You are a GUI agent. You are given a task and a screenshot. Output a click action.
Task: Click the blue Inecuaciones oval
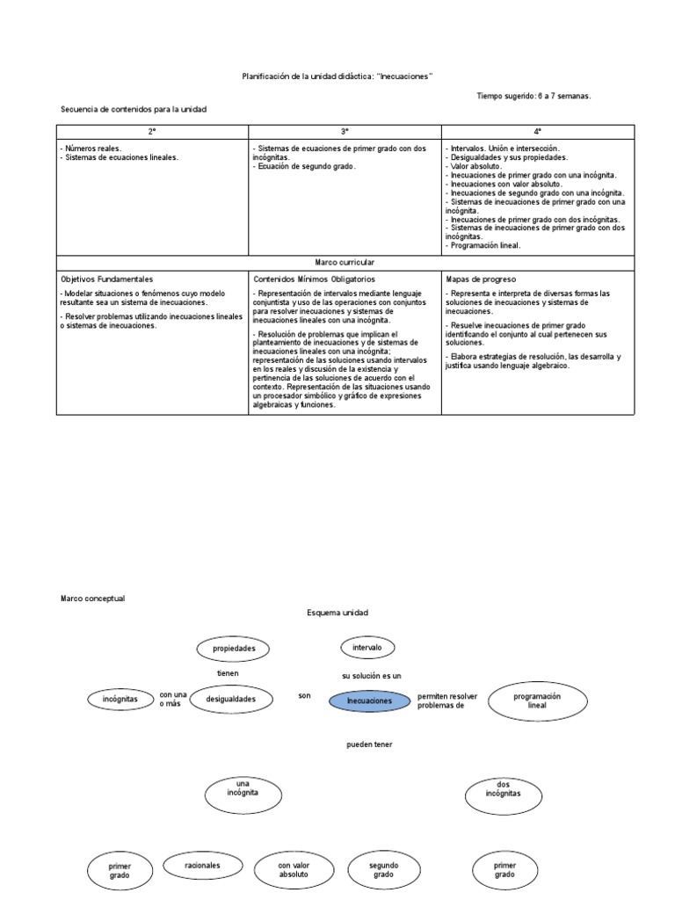pos(369,701)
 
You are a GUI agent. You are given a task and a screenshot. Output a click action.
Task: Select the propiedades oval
pos(234,649)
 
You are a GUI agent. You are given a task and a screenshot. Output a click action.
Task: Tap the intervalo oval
pos(367,648)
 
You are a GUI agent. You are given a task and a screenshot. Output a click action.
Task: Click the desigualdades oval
pos(231,700)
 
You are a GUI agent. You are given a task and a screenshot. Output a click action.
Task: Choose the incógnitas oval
pos(121,700)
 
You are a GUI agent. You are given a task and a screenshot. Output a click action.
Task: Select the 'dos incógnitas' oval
pos(503,794)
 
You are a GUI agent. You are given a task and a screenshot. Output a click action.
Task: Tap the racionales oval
pos(202,866)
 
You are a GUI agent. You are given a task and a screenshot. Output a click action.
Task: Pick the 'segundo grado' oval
pos(383,870)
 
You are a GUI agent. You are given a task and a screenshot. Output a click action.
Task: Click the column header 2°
pos(152,130)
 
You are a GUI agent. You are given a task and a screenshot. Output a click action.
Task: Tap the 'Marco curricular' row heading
pos(344,262)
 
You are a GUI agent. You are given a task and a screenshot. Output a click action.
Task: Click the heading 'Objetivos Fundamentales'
pos(106,279)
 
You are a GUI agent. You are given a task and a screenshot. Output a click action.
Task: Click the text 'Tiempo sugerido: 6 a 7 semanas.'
pos(533,96)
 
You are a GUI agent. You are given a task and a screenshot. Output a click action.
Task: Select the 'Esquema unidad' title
pos(337,612)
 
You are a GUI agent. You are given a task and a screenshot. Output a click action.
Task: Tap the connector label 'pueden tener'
pos(369,744)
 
